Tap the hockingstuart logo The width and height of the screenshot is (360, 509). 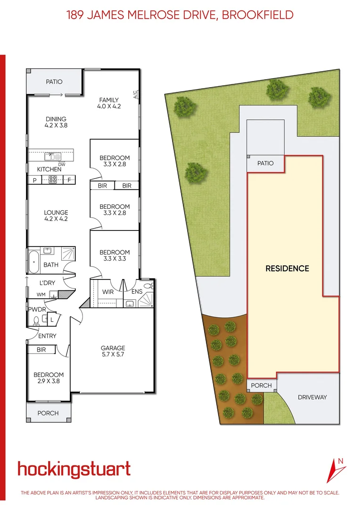pos(74,469)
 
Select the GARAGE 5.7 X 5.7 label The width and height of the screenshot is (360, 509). pos(113,351)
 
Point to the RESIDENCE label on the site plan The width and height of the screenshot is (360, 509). pos(287,269)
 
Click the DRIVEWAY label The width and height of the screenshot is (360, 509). pos(312,397)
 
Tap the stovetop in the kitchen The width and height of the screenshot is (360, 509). pos(53,180)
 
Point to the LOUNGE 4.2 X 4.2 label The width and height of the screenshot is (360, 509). pos(56,216)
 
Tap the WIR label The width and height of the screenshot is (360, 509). pos(108,292)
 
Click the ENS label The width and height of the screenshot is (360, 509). pos(137,292)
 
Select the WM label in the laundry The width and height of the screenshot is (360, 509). pos(41,295)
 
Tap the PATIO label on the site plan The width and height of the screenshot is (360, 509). pos(265,163)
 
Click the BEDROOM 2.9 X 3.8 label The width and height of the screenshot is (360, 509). pos(49,378)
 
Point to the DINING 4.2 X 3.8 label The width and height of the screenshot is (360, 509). pos(56,122)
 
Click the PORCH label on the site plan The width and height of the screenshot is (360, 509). pos(261,386)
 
